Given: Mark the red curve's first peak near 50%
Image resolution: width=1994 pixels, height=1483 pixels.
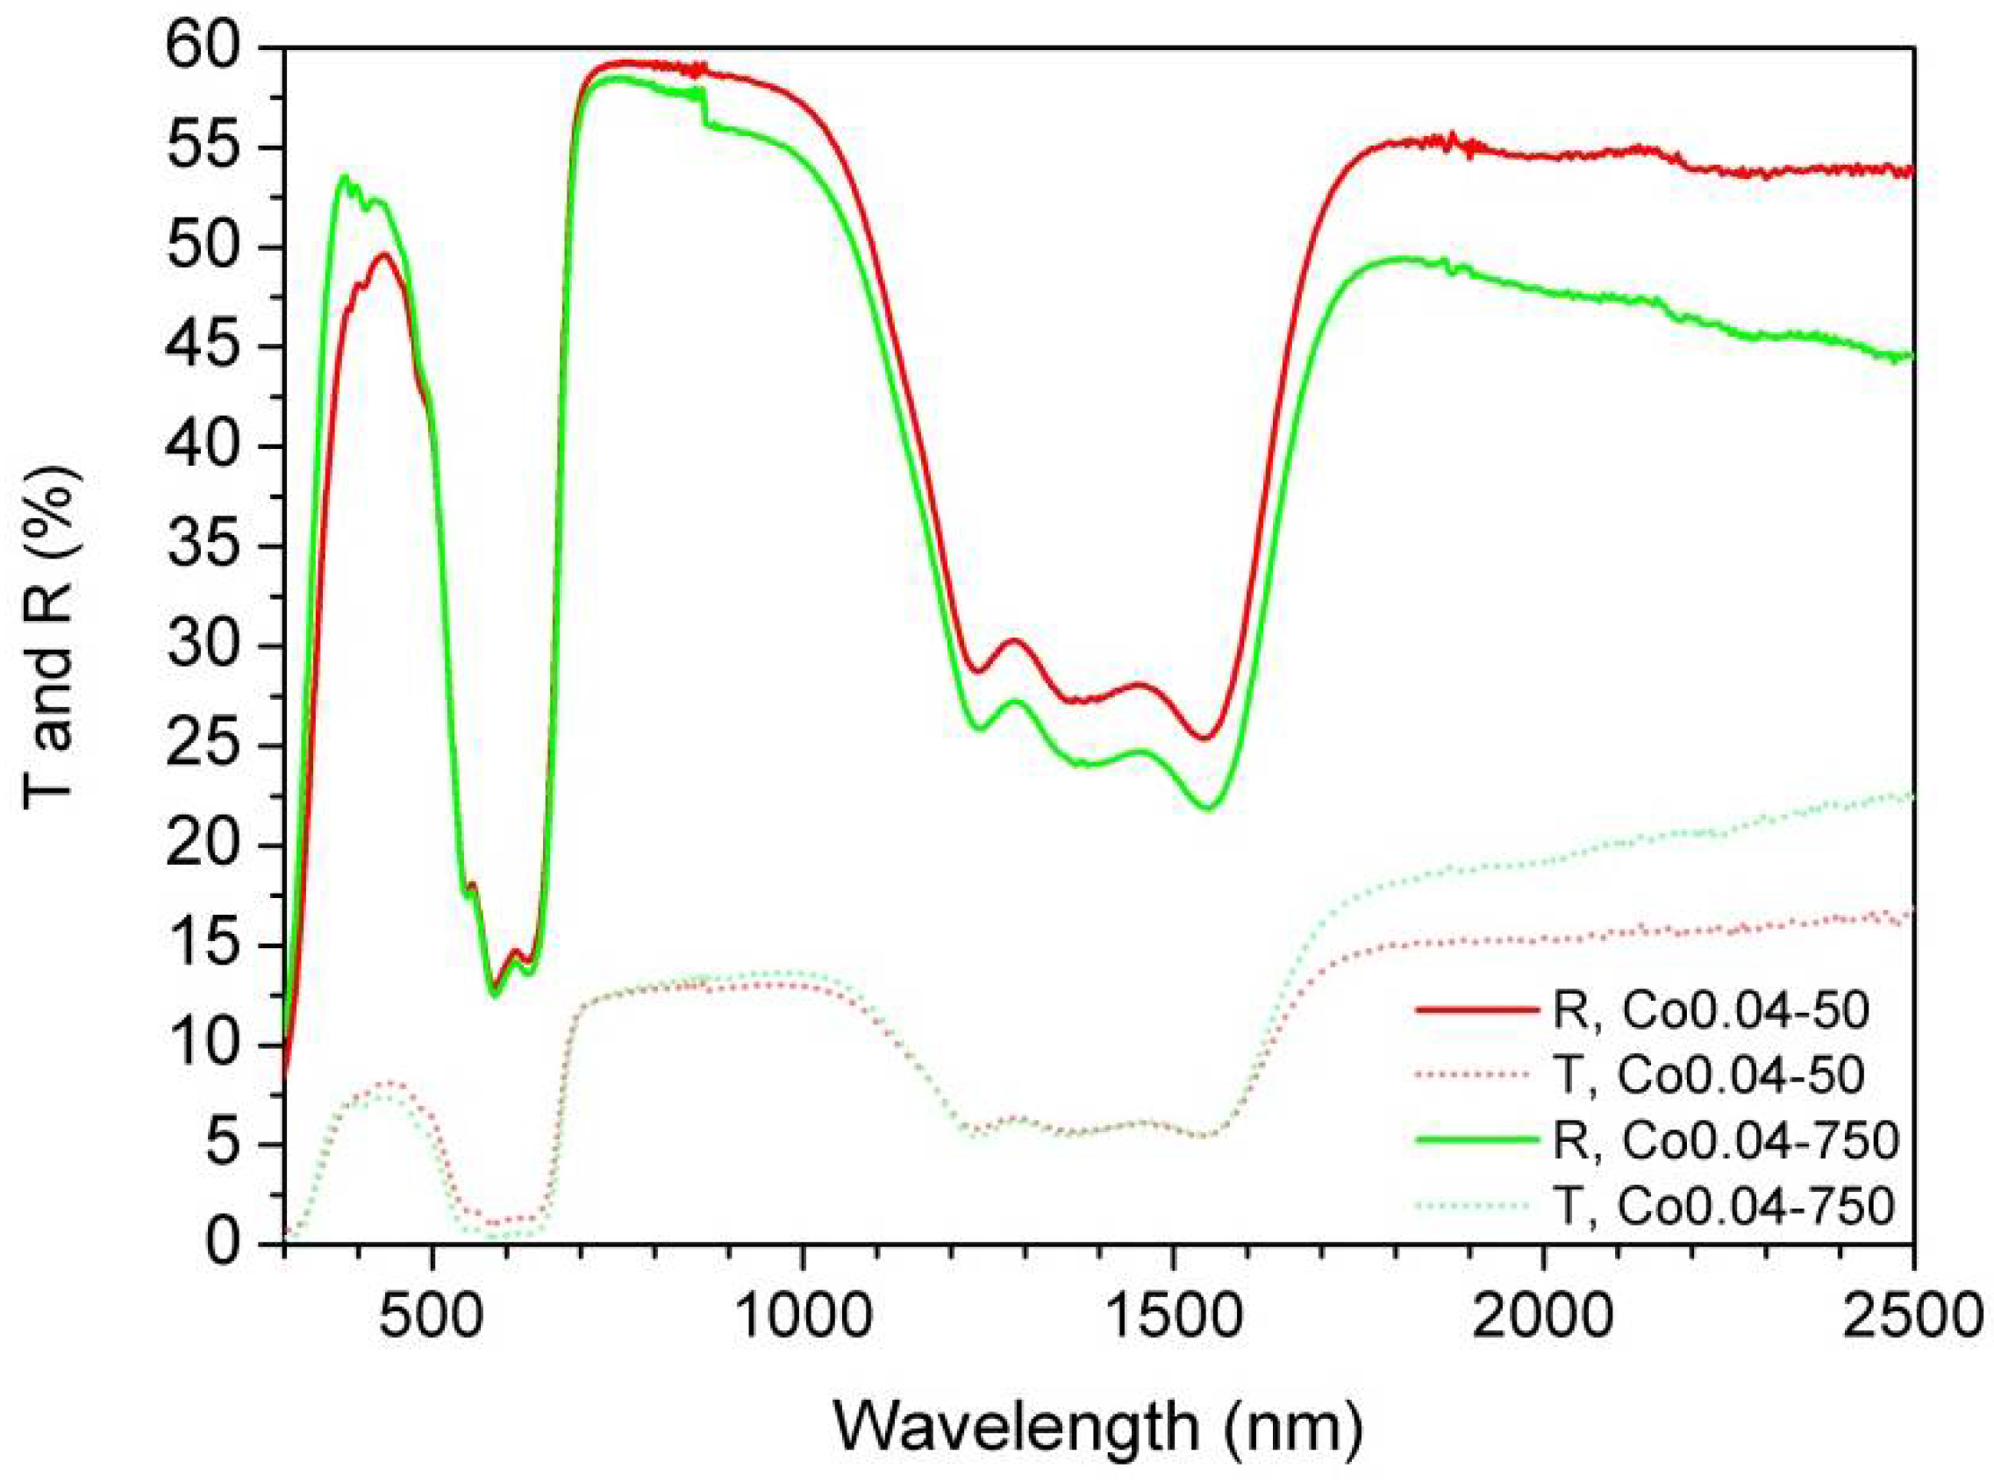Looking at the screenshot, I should [x=385, y=254].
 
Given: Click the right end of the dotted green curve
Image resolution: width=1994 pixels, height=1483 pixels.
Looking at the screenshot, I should [x=1911, y=795].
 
